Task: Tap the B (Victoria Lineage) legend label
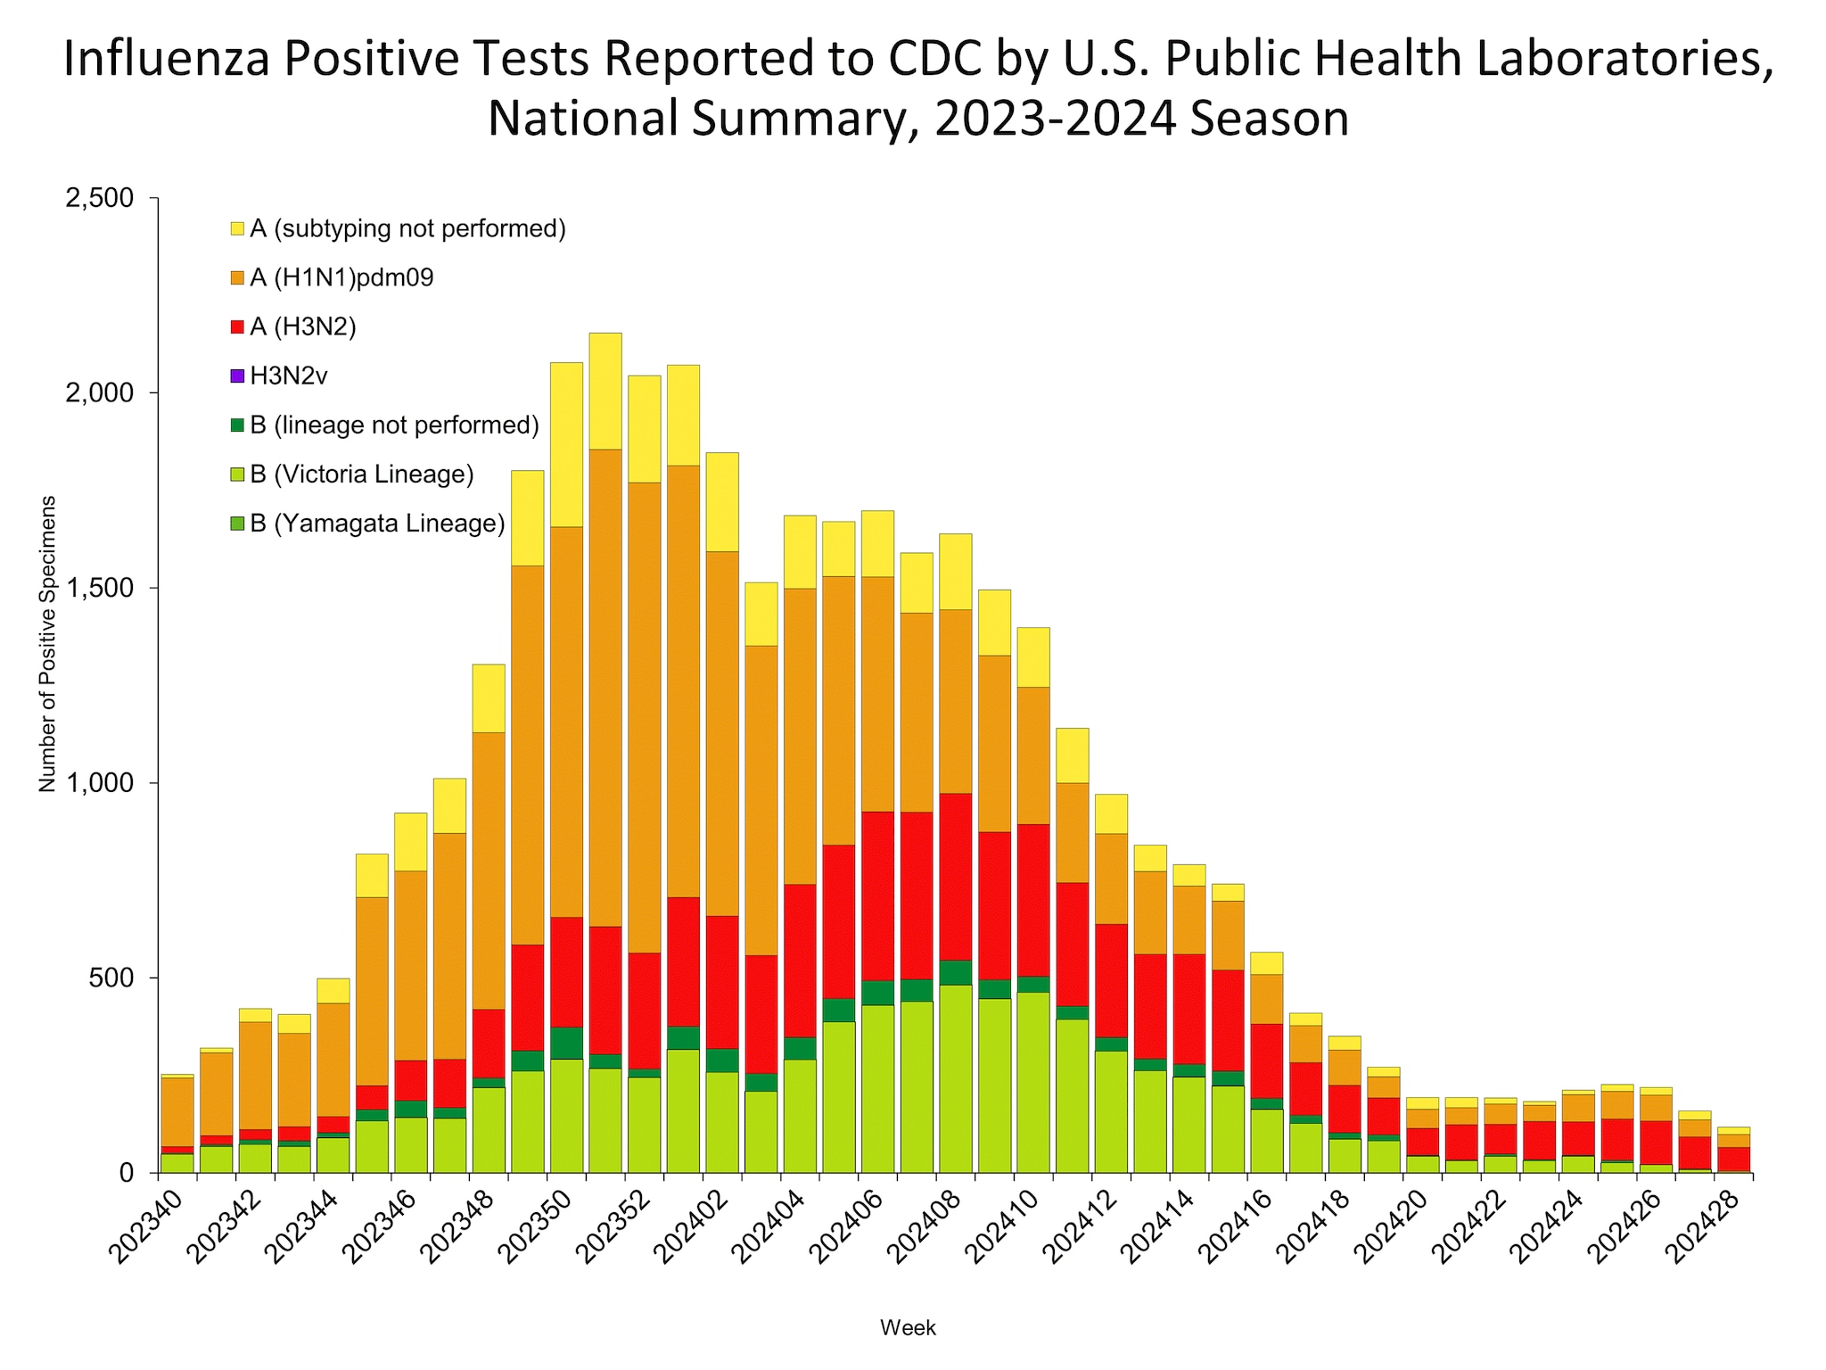pos(361,475)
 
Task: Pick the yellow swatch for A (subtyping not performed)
pos(237,229)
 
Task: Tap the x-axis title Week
pos(908,1328)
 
